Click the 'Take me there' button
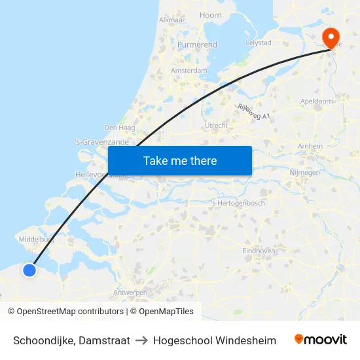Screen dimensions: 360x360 pos(179,160)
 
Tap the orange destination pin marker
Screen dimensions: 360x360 pos(331,37)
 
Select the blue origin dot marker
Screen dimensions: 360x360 pos(29,270)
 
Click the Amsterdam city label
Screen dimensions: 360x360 pos(189,71)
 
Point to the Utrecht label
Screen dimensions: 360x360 pos(216,125)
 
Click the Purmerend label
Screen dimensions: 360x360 pos(197,45)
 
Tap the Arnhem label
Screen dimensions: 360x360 pos(310,145)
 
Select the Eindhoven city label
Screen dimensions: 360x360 pos(258,251)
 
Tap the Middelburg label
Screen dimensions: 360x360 pos(36,240)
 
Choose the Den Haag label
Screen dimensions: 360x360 pos(119,128)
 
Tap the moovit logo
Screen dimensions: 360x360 pos(320,340)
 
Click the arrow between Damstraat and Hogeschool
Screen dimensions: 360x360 pos(141,340)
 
